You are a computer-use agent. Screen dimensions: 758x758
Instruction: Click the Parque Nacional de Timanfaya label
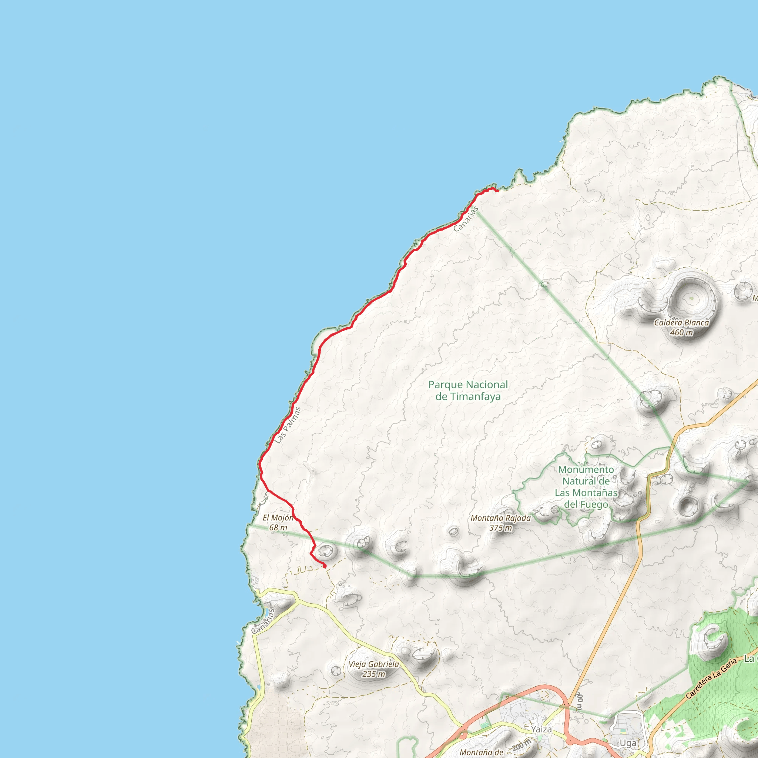[468, 390]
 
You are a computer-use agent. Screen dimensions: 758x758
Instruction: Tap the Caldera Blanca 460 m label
[681, 328]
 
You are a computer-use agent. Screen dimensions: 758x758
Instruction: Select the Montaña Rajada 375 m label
[501, 523]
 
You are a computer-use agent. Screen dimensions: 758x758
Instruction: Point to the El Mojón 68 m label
[278, 523]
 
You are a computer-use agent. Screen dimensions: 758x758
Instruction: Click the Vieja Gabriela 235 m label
[373, 669]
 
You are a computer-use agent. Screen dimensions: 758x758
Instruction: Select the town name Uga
[628, 743]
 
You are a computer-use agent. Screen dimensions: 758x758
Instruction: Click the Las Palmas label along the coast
[288, 425]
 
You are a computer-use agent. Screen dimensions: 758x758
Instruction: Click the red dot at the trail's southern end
[325, 566]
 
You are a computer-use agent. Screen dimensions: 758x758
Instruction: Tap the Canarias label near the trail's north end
[466, 219]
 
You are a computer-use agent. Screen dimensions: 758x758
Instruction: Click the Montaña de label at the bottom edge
[482, 752]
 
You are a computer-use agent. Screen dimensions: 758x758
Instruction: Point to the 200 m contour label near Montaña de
[521, 744]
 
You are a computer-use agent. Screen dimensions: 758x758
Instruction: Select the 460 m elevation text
[681, 333]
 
